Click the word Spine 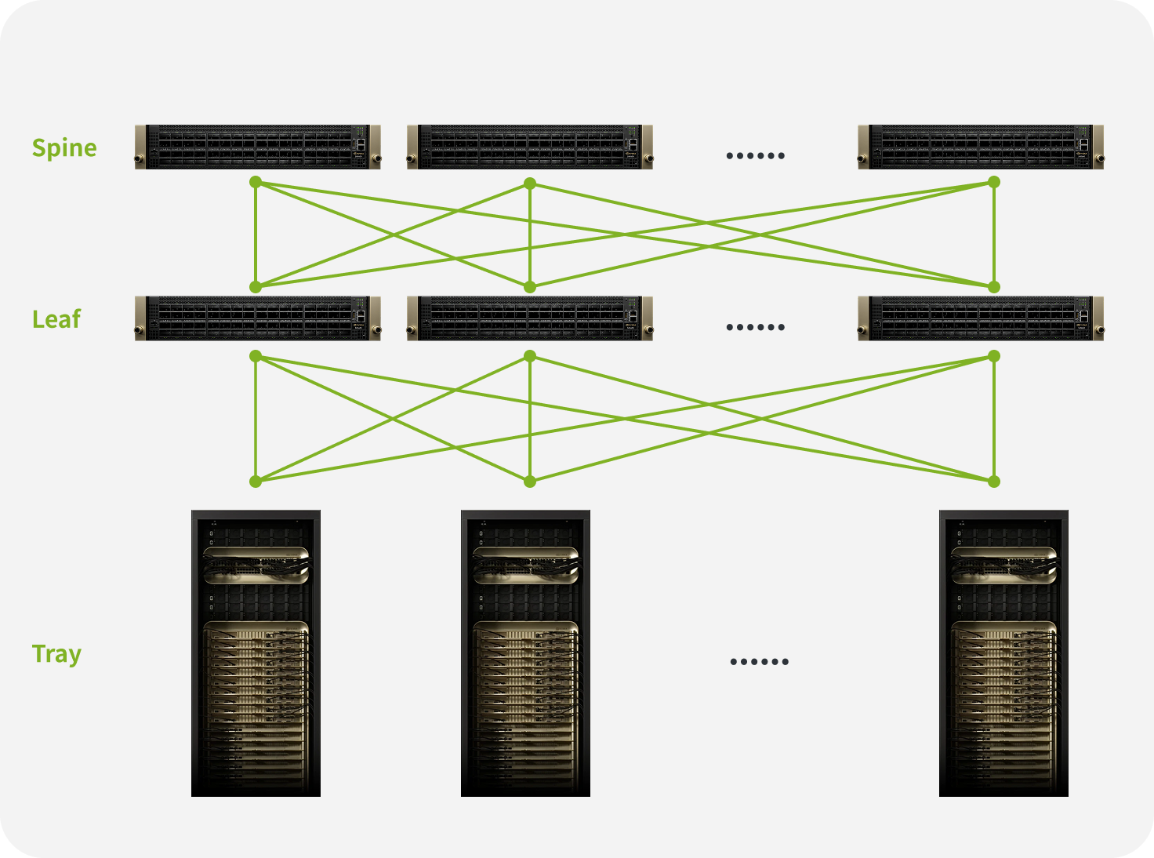click(x=64, y=147)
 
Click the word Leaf click(x=56, y=319)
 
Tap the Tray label click(x=56, y=653)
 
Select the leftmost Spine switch click(x=257, y=147)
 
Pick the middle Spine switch click(x=529, y=147)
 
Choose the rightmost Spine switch click(x=980, y=147)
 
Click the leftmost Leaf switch click(x=257, y=318)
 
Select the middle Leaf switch click(x=529, y=318)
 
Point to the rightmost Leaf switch click(x=980, y=318)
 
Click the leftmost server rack click(x=256, y=653)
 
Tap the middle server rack click(x=525, y=653)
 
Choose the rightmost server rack click(x=1003, y=653)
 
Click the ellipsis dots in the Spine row click(x=755, y=155)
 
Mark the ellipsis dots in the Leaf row click(x=755, y=327)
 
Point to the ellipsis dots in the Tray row click(x=759, y=661)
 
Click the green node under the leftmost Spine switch click(x=255, y=182)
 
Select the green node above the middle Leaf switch click(x=530, y=287)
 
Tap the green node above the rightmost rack click(x=994, y=482)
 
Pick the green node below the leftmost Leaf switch click(x=255, y=356)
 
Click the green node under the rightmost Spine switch click(x=994, y=182)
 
